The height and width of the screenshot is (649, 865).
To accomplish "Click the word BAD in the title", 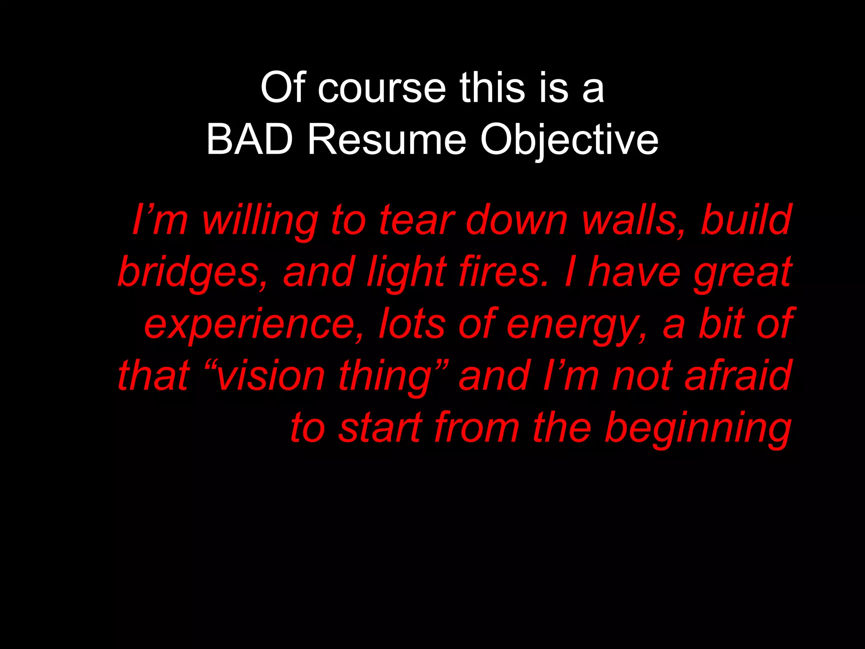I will (250, 139).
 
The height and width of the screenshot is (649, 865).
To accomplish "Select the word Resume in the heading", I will (387, 139).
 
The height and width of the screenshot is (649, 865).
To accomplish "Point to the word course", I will (382, 88).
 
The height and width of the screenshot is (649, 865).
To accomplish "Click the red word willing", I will (260, 221).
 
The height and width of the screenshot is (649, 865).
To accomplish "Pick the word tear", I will (416, 221).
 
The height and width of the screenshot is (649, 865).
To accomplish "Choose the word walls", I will (634, 221).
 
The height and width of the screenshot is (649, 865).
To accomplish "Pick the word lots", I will (412, 324).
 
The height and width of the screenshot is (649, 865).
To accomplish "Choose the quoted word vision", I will (270, 376).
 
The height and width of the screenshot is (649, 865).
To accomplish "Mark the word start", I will (380, 428).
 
